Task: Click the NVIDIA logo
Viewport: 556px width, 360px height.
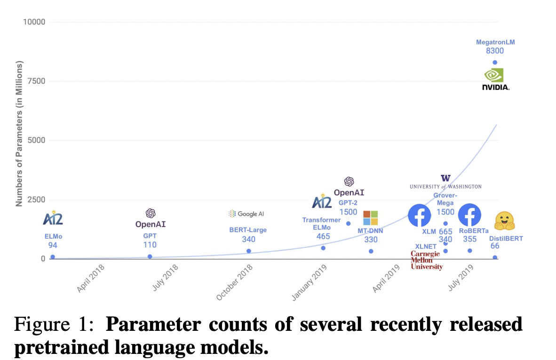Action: [x=495, y=79]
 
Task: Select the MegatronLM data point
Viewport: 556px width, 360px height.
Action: [x=495, y=63]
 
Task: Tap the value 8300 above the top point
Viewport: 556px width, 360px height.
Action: [x=495, y=51]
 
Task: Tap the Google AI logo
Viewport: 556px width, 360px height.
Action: [x=246, y=214]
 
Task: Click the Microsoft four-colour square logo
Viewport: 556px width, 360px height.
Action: [x=370, y=218]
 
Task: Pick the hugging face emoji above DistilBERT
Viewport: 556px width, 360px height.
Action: [x=505, y=220]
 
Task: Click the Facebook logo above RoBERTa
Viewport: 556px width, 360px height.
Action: [x=469, y=215]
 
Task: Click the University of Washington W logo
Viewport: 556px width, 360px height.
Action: [x=445, y=178]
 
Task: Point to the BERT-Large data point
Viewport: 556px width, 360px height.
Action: [x=248, y=251]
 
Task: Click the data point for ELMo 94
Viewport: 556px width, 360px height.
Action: [x=53, y=257]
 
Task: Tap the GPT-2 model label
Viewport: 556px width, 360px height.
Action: [x=348, y=203]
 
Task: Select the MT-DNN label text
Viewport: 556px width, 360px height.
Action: [x=370, y=230]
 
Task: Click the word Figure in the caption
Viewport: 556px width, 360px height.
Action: [x=41, y=325]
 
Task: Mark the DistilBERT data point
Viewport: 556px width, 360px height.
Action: [x=495, y=257]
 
